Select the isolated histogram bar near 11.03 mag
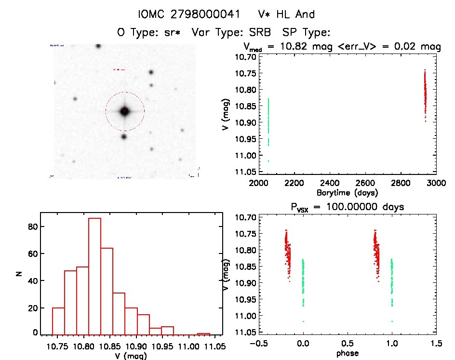click(203, 333)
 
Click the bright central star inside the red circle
click(125, 111)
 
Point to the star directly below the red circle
click(124, 136)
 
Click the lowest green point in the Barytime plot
click(268, 161)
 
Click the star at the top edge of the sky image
click(98, 46)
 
